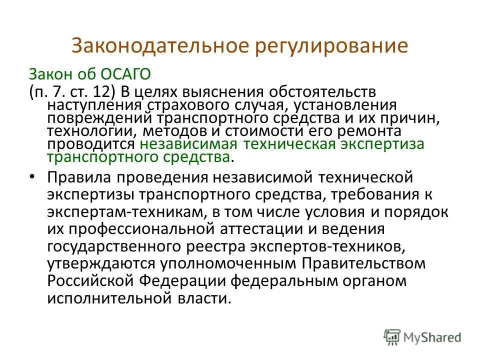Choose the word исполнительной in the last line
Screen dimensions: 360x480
coord(102,298)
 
